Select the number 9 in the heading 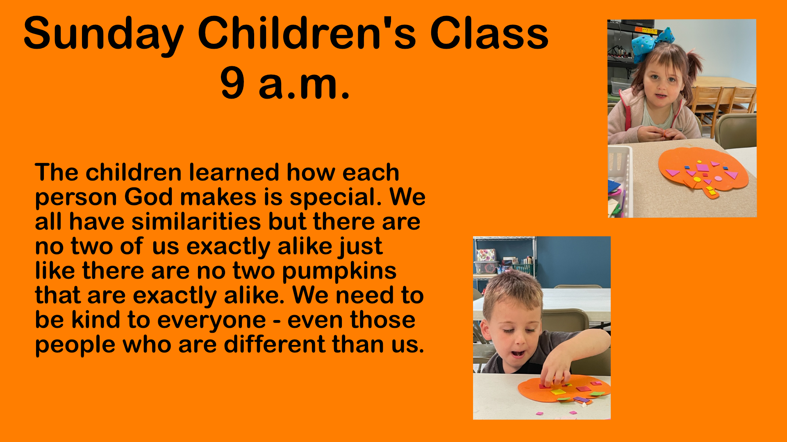pyautogui.click(x=232, y=83)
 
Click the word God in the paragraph pyautogui.click(x=148, y=197)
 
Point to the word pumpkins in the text pyautogui.click(x=339, y=271)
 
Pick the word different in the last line pyautogui.click(x=275, y=344)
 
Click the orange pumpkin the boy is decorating pyautogui.click(x=564, y=389)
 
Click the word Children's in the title pyautogui.click(x=307, y=34)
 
